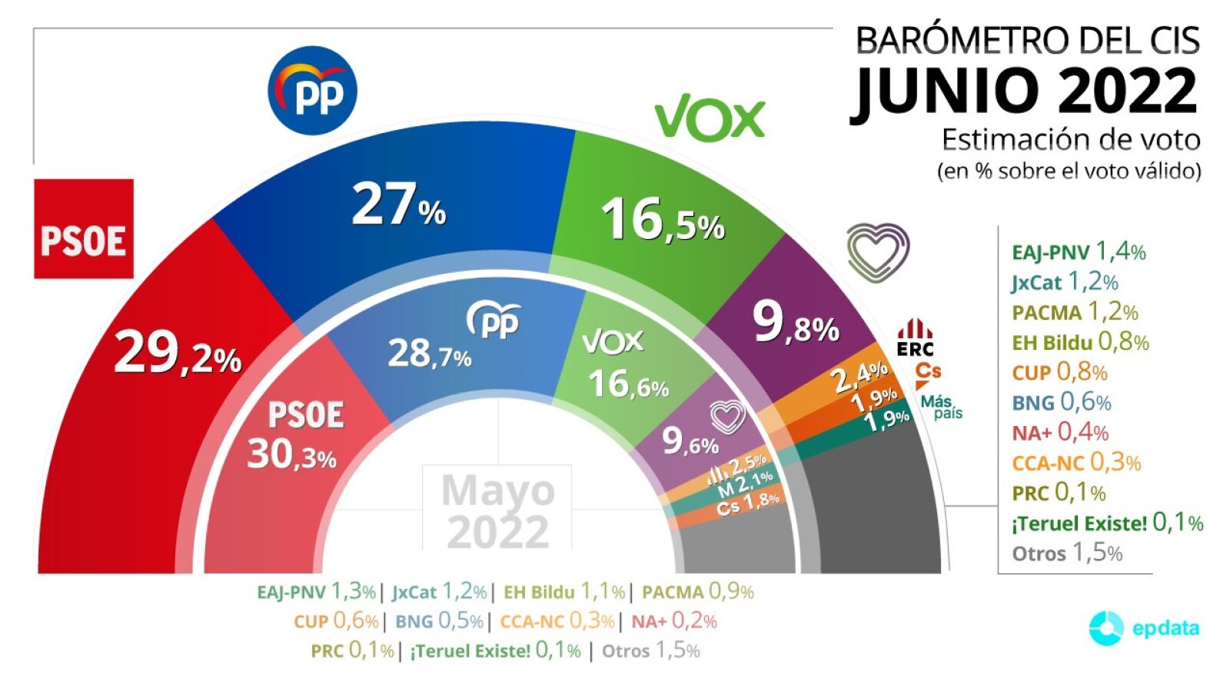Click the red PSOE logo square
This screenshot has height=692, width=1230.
(x=84, y=229)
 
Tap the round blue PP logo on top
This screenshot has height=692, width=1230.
(x=312, y=91)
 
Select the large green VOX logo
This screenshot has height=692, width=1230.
(x=710, y=118)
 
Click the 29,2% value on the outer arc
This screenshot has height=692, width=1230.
(x=178, y=354)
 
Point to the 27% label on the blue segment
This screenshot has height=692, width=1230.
(x=398, y=205)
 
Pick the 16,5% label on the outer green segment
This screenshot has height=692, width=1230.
(x=663, y=220)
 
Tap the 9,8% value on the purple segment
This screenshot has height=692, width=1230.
(x=795, y=323)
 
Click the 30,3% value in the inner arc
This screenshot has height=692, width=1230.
(x=291, y=454)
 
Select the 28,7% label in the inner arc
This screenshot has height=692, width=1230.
(x=429, y=354)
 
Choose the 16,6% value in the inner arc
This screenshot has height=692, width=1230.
(x=628, y=384)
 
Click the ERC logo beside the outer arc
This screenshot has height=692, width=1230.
(x=915, y=338)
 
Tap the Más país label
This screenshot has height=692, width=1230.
(x=941, y=407)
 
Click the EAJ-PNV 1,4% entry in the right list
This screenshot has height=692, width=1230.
(x=1079, y=251)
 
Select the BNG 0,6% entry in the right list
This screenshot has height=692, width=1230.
(x=1061, y=402)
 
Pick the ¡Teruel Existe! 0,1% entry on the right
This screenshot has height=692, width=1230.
(x=1107, y=523)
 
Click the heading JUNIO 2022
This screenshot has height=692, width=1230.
(x=1026, y=91)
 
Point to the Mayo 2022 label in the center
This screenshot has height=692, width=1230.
(x=497, y=511)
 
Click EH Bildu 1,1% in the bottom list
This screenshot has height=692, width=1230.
(x=563, y=591)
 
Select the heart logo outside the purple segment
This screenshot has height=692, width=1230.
(x=877, y=251)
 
